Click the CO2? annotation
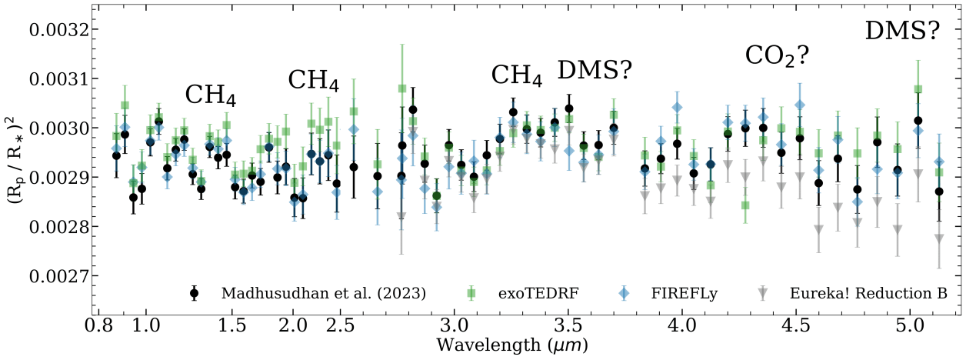click(x=777, y=55)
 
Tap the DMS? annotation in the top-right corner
click(x=902, y=30)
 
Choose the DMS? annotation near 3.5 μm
click(x=595, y=71)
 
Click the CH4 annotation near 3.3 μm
click(x=517, y=75)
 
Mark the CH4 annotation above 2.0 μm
click(x=313, y=80)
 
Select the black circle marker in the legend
click(x=195, y=292)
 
